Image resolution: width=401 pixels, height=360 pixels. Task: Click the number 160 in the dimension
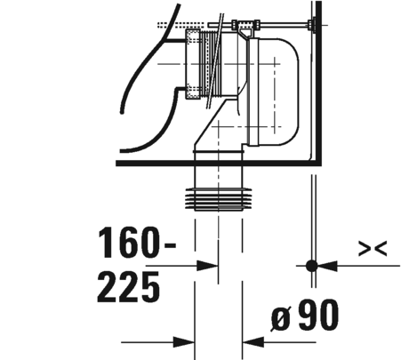129,242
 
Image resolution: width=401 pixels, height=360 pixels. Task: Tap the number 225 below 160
129,287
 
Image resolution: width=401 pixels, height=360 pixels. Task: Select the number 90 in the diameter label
318,315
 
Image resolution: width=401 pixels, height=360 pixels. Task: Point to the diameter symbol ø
280,318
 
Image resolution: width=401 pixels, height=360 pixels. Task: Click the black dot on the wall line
311,266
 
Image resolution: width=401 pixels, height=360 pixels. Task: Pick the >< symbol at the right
373,248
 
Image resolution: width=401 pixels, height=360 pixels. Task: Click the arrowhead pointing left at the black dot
327,266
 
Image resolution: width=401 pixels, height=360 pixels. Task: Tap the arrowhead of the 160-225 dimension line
207,266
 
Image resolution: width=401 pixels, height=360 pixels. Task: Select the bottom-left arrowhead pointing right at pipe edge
184,342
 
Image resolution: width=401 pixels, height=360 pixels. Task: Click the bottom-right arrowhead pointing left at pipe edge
253,342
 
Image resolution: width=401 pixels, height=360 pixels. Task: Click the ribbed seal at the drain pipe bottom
219,199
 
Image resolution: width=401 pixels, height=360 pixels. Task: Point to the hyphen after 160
170,245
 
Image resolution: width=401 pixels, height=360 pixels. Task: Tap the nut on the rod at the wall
312,25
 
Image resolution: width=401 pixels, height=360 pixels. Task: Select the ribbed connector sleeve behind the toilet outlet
212,64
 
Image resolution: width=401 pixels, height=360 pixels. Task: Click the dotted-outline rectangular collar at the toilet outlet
193,64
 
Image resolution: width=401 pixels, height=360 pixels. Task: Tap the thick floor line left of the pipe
155,164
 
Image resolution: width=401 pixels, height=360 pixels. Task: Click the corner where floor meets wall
319,164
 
